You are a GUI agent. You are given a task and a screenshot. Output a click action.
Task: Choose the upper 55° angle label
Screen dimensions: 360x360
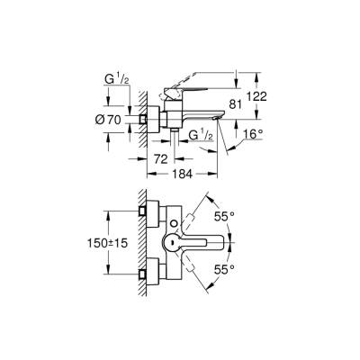(x=223, y=215)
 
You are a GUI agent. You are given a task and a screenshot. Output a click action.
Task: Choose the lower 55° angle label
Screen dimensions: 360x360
(x=223, y=268)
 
